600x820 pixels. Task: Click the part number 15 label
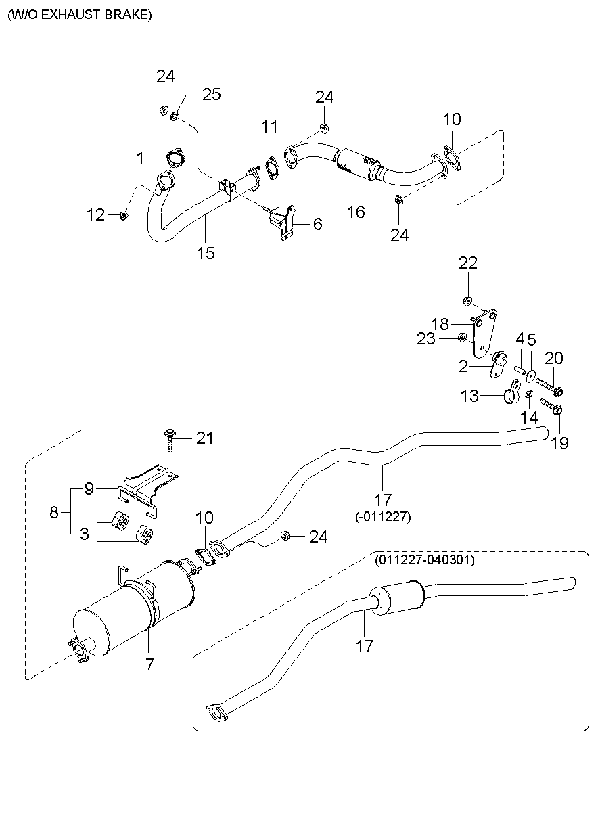[206, 253]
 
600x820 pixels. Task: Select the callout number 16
[356, 212]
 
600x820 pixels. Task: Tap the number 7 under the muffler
[149, 664]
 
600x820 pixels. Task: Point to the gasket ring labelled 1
[175, 160]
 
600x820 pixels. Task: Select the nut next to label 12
[123, 215]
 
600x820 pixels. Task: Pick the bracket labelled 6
[284, 222]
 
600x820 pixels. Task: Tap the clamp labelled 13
[512, 393]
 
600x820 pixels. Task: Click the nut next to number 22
[467, 300]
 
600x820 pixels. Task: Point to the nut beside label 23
[461, 338]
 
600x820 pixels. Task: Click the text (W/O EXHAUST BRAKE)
[80, 14]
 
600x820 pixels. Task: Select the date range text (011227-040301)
[424, 560]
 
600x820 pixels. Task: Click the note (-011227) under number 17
[383, 516]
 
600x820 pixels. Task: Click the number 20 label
[553, 357]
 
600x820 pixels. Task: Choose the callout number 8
[55, 512]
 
